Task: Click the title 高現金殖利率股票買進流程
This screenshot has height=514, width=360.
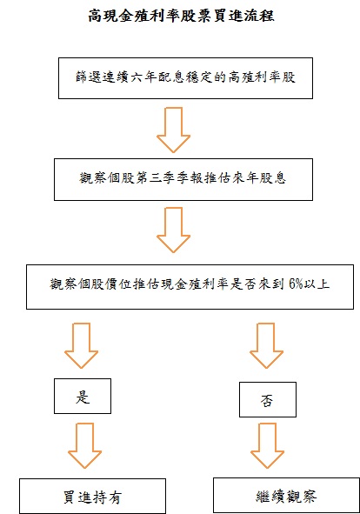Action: [x=181, y=16]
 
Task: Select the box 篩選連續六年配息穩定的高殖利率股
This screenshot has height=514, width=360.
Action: [x=185, y=78]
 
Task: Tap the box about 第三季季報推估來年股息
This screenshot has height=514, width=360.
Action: [x=183, y=179]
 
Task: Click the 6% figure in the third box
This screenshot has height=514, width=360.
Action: [x=296, y=284]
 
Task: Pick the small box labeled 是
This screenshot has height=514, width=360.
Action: [x=83, y=396]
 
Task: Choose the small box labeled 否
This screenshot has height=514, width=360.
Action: [x=268, y=399]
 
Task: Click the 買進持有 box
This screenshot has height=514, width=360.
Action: [x=92, y=496]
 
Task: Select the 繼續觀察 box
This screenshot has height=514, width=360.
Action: [x=287, y=496]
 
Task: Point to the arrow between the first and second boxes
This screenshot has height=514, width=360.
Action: [x=173, y=130]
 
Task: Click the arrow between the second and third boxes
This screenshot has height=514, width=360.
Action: [x=173, y=230]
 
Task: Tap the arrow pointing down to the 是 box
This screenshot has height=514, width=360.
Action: [x=82, y=345]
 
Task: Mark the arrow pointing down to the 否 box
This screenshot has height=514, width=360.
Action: [x=266, y=345]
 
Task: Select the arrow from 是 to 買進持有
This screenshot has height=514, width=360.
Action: [x=84, y=445]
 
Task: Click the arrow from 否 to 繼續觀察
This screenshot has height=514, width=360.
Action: [x=267, y=445]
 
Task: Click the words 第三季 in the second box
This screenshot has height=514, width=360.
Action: [x=156, y=178]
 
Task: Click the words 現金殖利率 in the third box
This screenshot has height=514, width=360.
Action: [x=195, y=284]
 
